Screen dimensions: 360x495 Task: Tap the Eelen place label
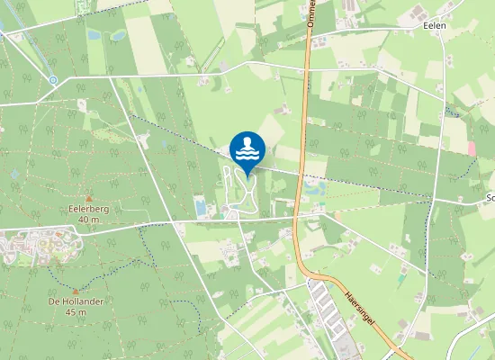[x=435, y=26]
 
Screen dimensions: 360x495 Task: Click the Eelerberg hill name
[x=88, y=209]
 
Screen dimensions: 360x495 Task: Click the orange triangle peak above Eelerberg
[x=88, y=198]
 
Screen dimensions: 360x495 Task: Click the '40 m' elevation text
[x=88, y=219]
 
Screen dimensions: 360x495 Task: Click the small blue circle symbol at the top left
[x=53, y=80]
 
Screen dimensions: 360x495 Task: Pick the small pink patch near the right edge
[x=472, y=148]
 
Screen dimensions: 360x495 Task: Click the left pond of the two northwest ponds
[x=94, y=35]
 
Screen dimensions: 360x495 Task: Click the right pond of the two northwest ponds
[x=118, y=36]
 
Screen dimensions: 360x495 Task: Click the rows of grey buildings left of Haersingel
[x=324, y=310]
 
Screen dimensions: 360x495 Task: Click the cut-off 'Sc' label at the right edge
[x=490, y=197]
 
